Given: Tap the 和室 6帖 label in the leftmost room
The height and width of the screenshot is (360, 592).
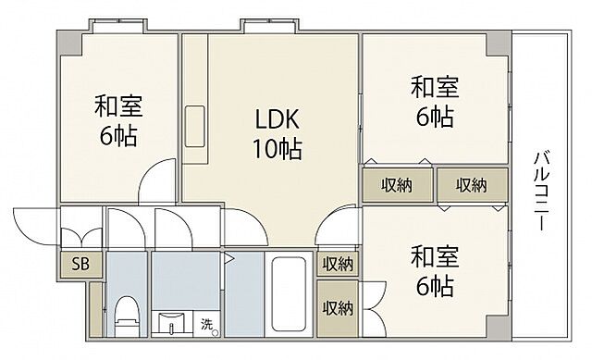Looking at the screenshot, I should click(x=117, y=120).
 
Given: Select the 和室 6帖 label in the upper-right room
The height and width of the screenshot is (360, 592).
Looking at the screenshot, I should click(x=435, y=103).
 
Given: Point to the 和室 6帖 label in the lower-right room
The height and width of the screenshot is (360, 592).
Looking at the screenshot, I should click(x=435, y=271).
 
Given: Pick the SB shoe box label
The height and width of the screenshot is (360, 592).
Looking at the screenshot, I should click(x=81, y=266).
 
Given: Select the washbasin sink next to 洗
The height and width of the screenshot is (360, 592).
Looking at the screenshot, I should click(x=173, y=325).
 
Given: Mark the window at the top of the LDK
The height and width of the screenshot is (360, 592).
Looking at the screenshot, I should click(x=255, y=24).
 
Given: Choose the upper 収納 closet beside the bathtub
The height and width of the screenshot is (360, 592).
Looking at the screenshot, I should click(x=338, y=264).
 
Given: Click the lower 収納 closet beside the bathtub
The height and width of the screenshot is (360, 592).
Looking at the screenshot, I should click(x=338, y=307).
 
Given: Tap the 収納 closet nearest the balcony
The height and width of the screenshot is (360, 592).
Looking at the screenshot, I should click(x=471, y=185).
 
